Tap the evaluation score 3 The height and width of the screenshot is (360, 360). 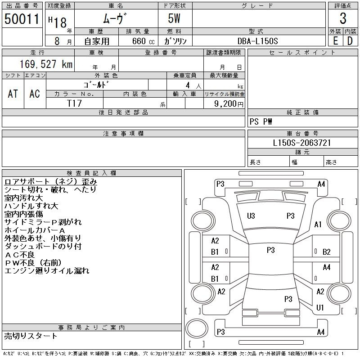[343, 18]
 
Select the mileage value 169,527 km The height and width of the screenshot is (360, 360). [46, 64]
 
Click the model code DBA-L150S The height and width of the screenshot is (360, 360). [258, 41]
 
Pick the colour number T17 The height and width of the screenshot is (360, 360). [74, 103]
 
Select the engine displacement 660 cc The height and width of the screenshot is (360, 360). [137, 41]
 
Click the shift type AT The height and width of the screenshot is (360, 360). [13, 94]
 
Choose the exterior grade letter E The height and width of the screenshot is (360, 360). [335, 41]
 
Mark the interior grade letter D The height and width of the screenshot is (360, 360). [350, 41]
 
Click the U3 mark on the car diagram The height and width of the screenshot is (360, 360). [251, 216]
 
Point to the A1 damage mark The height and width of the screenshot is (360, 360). [318, 225]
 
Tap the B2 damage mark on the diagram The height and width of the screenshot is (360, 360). [327, 252]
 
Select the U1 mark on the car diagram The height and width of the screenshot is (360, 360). [320, 308]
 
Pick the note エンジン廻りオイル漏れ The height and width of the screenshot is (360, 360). [47, 270]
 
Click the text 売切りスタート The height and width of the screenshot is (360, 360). [31, 336]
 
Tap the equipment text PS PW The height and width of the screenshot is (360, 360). [261, 121]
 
